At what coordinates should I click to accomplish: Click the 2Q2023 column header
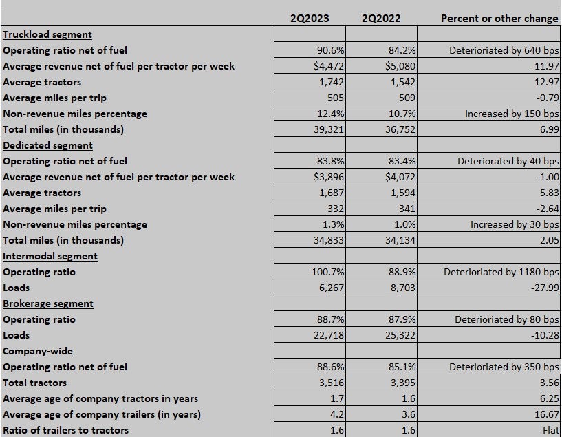click(310, 19)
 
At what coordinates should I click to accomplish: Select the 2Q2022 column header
click(381, 19)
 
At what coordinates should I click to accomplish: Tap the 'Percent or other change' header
click(499, 19)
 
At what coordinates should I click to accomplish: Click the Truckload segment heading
click(47, 34)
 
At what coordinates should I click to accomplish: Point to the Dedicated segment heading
click(47, 145)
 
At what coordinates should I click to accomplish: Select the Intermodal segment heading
click(50, 256)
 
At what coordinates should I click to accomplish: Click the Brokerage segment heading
click(48, 303)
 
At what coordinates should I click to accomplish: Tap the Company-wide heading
click(38, 351)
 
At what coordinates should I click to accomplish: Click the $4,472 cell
click(329, 66)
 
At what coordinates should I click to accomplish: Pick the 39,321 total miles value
click(329, 129)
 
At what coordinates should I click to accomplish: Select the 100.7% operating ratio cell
click(328, 272)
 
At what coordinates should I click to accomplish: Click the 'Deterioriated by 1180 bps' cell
click(501, 272)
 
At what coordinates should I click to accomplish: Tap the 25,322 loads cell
click(400, 336)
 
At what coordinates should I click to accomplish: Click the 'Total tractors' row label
click(35, 383)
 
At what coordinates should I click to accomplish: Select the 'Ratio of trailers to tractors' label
click(65, 430)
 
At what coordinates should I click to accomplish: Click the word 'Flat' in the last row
click(551, 430)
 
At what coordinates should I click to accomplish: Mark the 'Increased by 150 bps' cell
click(512, 114)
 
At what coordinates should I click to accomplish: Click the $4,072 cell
click(400, 177)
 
